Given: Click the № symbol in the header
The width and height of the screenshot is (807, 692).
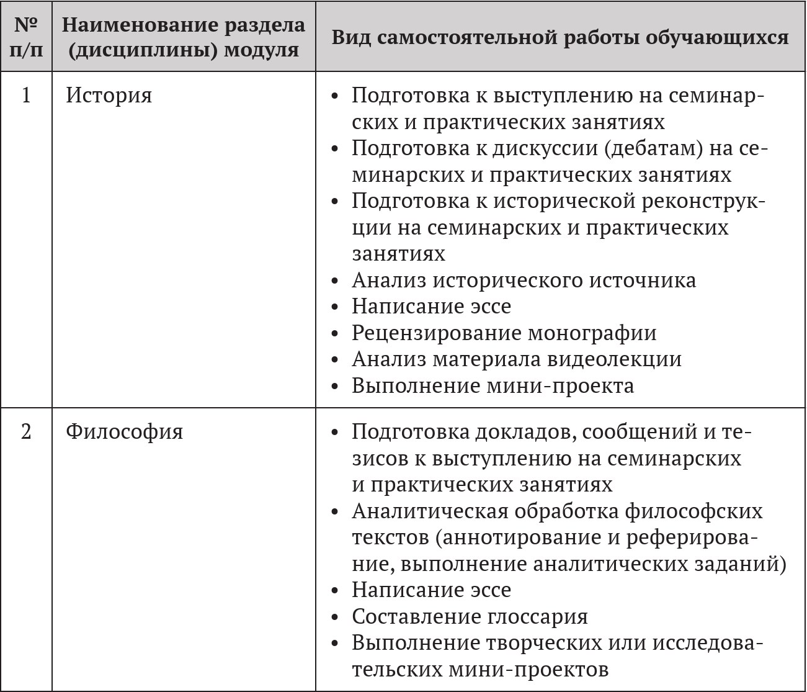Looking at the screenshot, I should pyautogui.click(x=25, y=25).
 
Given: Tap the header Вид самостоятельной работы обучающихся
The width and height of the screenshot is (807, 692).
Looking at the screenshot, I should pyautogui.click(x=560, y=37).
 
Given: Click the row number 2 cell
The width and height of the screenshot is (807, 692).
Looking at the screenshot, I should pyautogui.click(x=26, y=431).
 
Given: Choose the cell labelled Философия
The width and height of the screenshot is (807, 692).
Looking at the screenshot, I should pyautogui.click(x=124, y=431).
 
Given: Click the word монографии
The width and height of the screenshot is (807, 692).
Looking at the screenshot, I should pyautogui.click(x=592, y=333).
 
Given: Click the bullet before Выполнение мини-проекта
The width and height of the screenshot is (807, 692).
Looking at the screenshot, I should pyautogui.click(x=335, y=387).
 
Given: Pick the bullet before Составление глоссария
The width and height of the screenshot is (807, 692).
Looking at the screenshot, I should pyautogui.click(x=335, y=618).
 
